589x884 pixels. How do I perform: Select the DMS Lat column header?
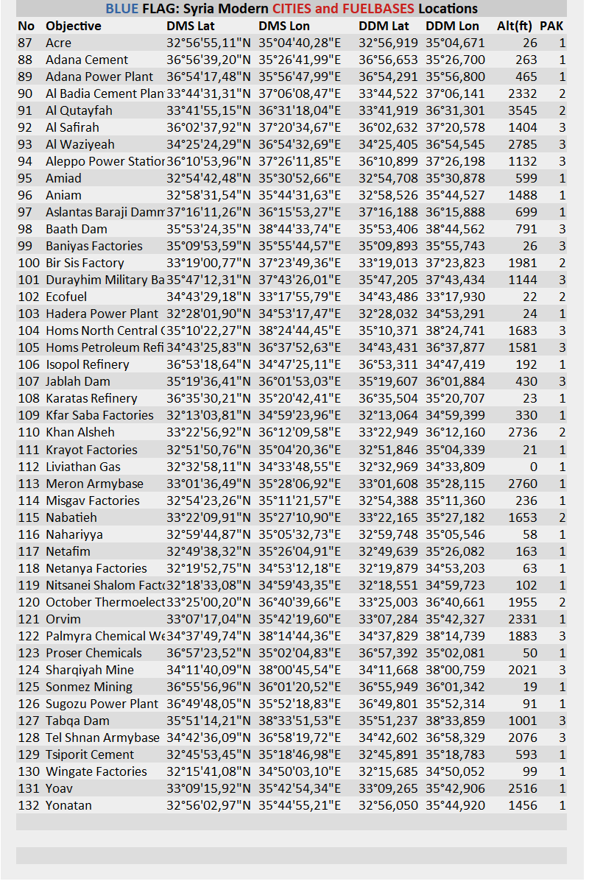[191, 26]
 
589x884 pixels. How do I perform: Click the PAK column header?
[551, 26]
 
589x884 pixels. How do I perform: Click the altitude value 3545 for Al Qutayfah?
[523, 110]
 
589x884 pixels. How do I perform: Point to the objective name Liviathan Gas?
[82, 467]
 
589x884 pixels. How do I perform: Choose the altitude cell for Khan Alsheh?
[523, 432]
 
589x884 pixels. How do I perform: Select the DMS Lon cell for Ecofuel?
[300, 297]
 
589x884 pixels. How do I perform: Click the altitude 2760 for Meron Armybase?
[523, 484]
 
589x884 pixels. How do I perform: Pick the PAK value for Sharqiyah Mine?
[562, 670]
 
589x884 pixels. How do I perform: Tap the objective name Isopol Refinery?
[87, 364]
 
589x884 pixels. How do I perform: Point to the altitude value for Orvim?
[523, 619]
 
